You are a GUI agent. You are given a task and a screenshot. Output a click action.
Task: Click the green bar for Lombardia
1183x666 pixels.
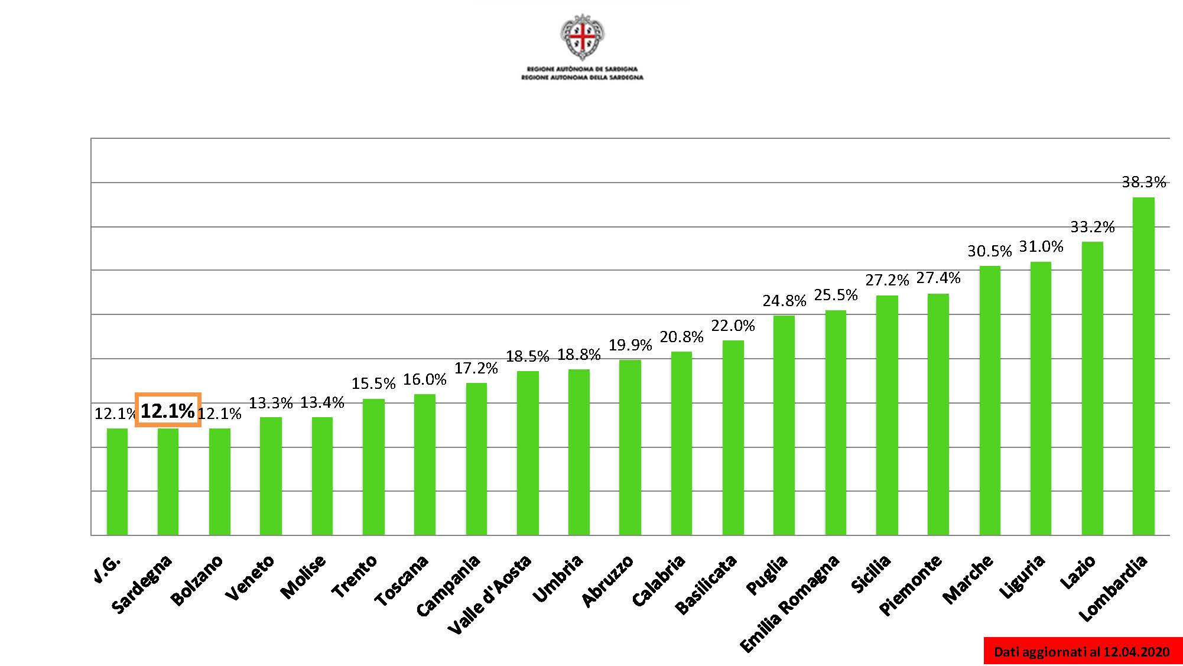coord(1143,366)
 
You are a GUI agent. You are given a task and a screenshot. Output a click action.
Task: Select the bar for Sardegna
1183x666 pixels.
coord(168,482)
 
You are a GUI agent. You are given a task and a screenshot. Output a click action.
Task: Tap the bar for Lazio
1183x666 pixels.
coord(1092,388)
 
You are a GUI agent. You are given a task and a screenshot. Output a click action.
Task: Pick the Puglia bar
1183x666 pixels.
coord(784,425)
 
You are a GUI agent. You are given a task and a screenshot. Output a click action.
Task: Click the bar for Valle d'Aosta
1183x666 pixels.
coord(528,453)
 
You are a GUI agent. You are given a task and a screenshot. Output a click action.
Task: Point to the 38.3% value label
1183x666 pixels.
coord(1143,182)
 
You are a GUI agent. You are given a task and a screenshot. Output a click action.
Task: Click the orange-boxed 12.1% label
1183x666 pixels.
coord(168,410)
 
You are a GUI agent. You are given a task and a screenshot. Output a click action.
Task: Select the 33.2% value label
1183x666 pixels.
coord(1092,227)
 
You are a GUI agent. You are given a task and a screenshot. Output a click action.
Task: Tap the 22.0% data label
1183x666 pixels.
coord(733,326)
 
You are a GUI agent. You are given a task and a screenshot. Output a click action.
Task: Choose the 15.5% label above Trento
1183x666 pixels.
coord(373,384)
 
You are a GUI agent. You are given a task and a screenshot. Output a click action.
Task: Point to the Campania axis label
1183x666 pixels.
coord(448,586)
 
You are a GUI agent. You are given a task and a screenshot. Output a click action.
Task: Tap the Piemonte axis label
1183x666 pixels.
coord(910,586)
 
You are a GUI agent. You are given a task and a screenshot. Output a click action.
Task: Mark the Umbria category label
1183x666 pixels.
coord(558,579)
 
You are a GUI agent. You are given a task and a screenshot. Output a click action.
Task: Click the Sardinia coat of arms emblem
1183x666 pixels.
coord(583,37)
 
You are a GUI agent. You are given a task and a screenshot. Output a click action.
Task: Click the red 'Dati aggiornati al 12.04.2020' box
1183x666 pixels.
coord(1082,651)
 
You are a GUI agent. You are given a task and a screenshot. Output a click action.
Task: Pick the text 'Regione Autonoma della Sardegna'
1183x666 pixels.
coord(582,77)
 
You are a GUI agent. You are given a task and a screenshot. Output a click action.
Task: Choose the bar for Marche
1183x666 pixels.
coord(990,401)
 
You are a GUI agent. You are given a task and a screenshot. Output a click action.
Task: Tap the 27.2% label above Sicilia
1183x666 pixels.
coord(887,280)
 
